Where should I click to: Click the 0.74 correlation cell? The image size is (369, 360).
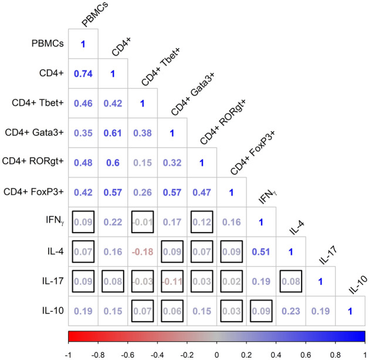point(83,73)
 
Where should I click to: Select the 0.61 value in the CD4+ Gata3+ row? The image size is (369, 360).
point(113,133)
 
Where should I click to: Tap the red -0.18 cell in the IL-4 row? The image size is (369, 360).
point(143,251)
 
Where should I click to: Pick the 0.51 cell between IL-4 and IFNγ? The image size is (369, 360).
point(261,251)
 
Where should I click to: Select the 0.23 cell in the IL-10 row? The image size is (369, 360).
point(291,311)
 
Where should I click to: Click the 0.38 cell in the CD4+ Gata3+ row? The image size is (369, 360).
point(143,133)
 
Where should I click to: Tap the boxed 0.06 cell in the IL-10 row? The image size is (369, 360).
point(172,311)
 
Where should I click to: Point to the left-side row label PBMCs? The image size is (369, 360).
point(48,44)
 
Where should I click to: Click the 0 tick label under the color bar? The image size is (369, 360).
point(216,354)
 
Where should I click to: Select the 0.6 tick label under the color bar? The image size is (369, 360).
point(306,354)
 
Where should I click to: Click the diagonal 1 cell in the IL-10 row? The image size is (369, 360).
point(350,311)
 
